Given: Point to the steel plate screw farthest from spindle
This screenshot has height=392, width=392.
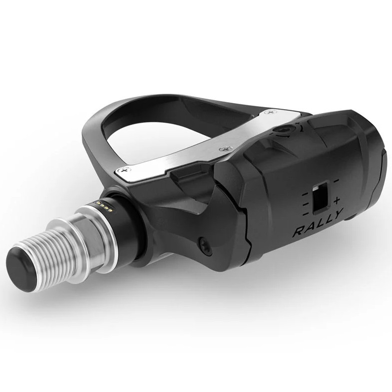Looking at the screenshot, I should pyautogui.click(x=272, y=114).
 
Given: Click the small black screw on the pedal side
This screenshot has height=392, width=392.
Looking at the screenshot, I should pyautogui.click(x=205, y=243).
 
